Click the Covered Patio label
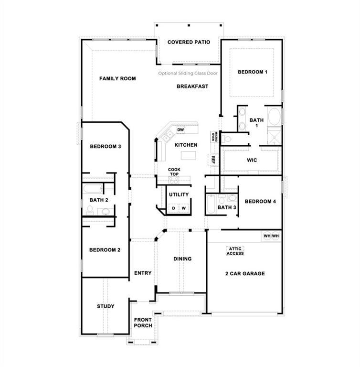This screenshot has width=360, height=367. (189, 42)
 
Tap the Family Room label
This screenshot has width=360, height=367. (117, 78)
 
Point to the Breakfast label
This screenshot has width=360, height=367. (192, 86)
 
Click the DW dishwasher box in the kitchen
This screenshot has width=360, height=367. (180, 130)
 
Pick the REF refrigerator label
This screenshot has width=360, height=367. (213, 160)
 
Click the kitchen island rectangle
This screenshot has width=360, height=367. (189, 156)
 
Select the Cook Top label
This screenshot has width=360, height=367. (174, 172)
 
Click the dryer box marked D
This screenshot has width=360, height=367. (173, 208)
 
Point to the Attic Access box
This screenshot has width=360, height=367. (235, 251)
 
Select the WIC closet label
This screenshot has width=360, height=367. (252, 160)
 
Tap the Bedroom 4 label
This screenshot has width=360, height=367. (260, 202)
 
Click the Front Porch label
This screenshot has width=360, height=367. (143, 323)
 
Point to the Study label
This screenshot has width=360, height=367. (105, 306)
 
